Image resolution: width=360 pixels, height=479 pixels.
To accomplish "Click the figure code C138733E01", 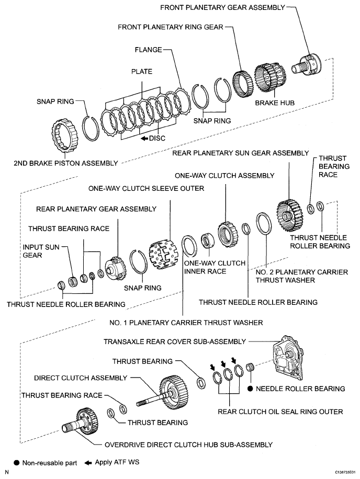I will (x=340, y=472).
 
